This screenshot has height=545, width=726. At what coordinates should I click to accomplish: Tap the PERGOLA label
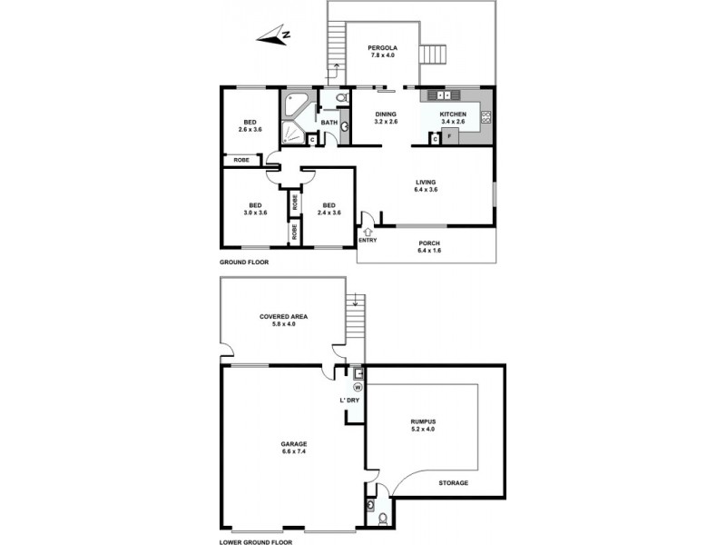point(384,47)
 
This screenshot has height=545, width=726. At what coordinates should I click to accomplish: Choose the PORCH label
point(428,243)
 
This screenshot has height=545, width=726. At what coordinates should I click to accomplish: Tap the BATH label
point(329,122)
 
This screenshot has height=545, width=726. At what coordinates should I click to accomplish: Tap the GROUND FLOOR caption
point(244,262)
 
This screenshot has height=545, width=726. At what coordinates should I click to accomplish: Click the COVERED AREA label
point(284,316)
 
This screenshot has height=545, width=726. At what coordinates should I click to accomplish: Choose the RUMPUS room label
point(423,421)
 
